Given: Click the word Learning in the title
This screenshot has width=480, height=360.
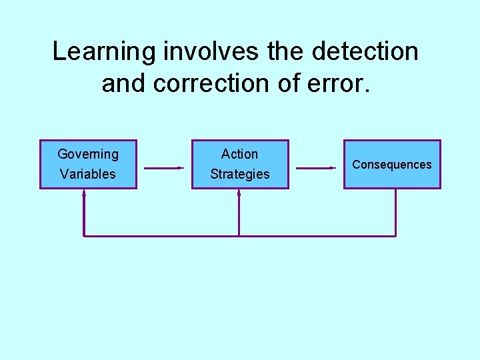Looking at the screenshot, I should point(99,52).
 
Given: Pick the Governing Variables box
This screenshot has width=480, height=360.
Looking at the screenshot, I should point(88,164).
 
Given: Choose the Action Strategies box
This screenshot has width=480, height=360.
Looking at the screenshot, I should point(240,164).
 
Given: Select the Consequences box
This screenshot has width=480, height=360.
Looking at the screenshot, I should point(392,164).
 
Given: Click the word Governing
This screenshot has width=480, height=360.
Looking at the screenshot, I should point(88,154).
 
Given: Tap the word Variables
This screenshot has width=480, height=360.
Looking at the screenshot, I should point(88,174).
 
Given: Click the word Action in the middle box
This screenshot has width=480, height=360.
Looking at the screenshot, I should point(240,154).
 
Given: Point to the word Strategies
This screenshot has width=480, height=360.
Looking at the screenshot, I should point(240,174).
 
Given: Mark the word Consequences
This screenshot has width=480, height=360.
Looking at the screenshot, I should point(392,165).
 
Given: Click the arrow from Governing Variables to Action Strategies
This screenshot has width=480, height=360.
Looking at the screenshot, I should point(163,168).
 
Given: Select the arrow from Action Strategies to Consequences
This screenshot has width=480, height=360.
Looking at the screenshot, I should point(315,168).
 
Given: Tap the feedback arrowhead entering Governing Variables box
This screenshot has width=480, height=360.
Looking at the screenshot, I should point(84,193).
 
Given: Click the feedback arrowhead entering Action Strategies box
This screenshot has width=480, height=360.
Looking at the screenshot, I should point(239,193).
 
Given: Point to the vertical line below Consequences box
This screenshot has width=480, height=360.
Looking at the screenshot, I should point(395,212).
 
